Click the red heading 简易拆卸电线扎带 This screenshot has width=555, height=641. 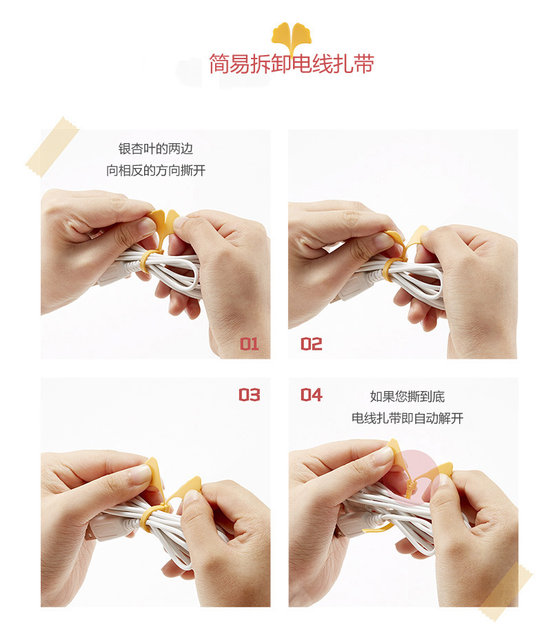(x=292, y=64)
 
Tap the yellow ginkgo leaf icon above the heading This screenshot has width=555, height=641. (x=291, y=36)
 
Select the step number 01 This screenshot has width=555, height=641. (x=250, y=344)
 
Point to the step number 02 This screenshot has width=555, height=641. (x=312, y=344)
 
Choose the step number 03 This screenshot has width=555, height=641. (x=250, y=395)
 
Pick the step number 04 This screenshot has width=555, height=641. (x=312, y=395)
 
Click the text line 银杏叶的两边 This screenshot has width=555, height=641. (x=156, y=149)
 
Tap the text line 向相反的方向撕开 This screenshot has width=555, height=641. (x=156, y=171)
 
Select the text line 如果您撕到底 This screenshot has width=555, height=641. (x=407, y=397)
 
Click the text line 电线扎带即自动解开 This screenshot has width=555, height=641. (x=407, y=418)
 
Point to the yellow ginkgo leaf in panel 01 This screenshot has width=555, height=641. (x=163, y=223)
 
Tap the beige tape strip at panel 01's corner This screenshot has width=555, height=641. (x=52, y=147)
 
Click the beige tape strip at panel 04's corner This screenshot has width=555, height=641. (x=506, y=592)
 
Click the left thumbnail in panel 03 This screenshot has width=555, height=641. (x=139, y=474)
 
